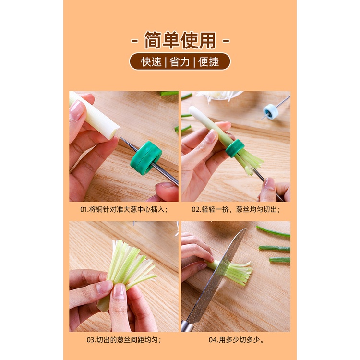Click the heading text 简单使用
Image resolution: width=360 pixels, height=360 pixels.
pos(180,40)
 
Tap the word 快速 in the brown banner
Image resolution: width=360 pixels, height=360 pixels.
pos(151,62)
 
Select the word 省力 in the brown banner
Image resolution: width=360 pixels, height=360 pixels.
pos(180,62)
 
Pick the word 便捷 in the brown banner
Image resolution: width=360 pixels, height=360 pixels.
pos(208,62)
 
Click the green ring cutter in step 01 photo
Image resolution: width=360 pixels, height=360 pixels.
pos(146,158)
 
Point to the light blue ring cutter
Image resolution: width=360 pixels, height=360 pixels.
pos(271,111)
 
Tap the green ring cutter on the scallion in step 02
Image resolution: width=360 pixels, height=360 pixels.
pos(235,148)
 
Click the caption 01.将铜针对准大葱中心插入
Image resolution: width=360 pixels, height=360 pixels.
pos(124,209)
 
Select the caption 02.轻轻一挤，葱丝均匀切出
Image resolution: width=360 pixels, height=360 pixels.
pos(236,209)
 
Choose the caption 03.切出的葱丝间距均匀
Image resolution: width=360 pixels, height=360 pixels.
pos(124,340)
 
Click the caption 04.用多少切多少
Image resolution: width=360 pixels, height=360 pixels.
pos(236,340)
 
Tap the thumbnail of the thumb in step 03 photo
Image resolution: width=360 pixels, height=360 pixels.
pos(119,291)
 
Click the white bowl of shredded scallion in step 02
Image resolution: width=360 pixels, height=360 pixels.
pos(218,96)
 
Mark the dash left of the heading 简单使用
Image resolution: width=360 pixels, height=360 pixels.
pos(134,41)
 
